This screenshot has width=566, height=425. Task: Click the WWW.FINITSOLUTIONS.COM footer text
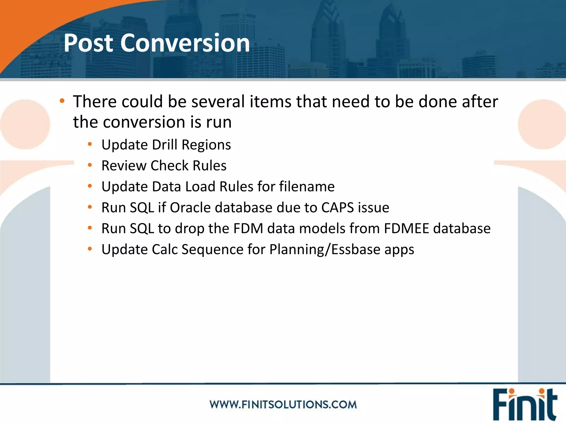[283, 405]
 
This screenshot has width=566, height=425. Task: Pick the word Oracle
[190, 208]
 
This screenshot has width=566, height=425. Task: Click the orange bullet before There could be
[62, 101]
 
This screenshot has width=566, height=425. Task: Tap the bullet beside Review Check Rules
[90, 165]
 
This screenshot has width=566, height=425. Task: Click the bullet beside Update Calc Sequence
[90, 249]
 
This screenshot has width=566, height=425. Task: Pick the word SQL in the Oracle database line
[142, 208]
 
